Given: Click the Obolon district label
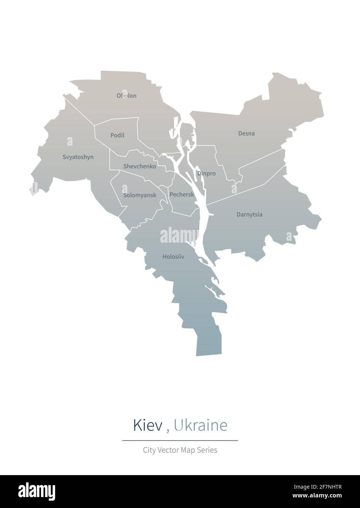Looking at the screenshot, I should pos(126,96).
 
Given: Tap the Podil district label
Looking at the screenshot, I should pos(117,135).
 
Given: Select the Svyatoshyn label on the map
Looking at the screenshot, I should pos(78,157).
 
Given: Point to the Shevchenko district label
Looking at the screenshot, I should pos(139,166).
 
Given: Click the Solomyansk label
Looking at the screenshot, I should pos(139,195).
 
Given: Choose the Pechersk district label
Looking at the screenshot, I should pos(181,194).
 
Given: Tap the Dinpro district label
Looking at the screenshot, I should pos(206,173).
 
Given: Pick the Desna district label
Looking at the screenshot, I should pos(246,133).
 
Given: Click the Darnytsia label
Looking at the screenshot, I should pos(249,215).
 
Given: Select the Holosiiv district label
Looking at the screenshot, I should pos(173,257).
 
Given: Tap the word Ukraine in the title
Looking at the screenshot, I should pos(200,425).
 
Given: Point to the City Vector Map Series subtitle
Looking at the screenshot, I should pos(180,450).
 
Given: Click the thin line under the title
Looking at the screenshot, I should pos(180,440).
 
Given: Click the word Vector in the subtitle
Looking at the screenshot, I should pos(169,450).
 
